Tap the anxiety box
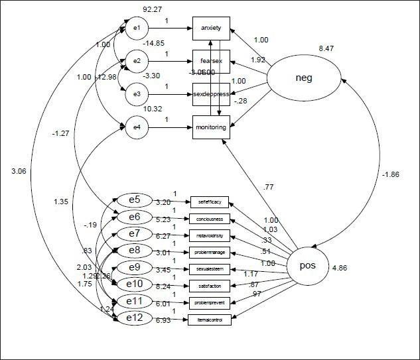coord(211,28)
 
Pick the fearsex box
coord(211,61)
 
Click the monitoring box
coord(211,127)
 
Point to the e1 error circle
coord(136,28)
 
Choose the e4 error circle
coord(136,127)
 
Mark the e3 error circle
coord(136,93)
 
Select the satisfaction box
coord(213,286)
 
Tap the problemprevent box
coord(213,302)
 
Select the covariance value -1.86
coord(390,174)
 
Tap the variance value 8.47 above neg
coord(326,48)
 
